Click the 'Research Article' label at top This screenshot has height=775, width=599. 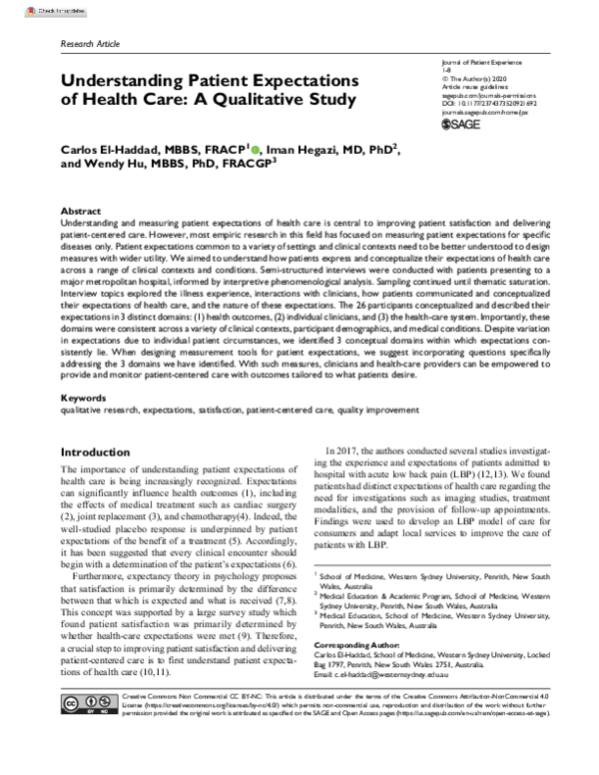point(91,46)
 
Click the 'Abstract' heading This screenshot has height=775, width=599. point(80,212)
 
